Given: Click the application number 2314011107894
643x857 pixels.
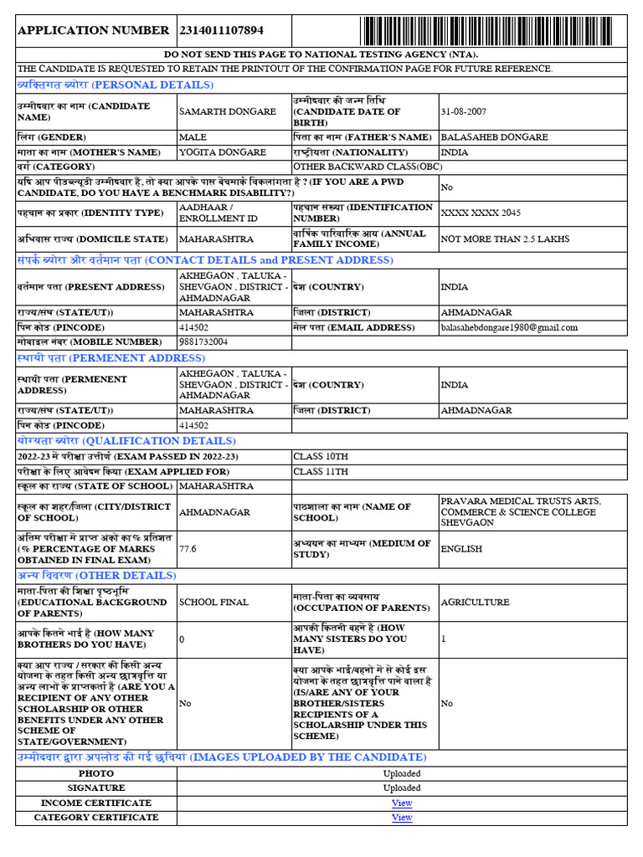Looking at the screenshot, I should [x=222, y=30].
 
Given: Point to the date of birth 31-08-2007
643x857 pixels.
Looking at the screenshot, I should [x=464, y=111].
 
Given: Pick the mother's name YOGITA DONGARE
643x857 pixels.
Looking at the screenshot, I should [x=223, y=152].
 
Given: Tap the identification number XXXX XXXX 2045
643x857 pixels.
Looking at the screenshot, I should [x=481, y=213].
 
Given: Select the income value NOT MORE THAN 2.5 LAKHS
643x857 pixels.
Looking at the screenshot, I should [x=505, y=239].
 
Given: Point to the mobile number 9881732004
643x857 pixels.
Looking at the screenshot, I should [x=203, y=341].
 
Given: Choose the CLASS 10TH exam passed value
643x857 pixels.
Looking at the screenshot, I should [x=321, y=456].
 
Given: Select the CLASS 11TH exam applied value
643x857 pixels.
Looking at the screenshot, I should [x=321, y=471].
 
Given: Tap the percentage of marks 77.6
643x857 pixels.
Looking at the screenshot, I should [x=188, y=549].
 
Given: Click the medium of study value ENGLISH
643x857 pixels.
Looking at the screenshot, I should [x=461, y=549].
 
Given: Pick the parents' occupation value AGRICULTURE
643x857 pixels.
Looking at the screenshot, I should [x=475, y=602].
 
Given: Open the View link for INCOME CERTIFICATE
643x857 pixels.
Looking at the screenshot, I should [x=402, y=803].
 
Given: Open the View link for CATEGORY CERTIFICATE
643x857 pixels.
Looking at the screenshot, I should [x=402, y=817].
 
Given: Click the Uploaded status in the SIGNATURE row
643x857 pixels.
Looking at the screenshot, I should [x=402, y=788].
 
